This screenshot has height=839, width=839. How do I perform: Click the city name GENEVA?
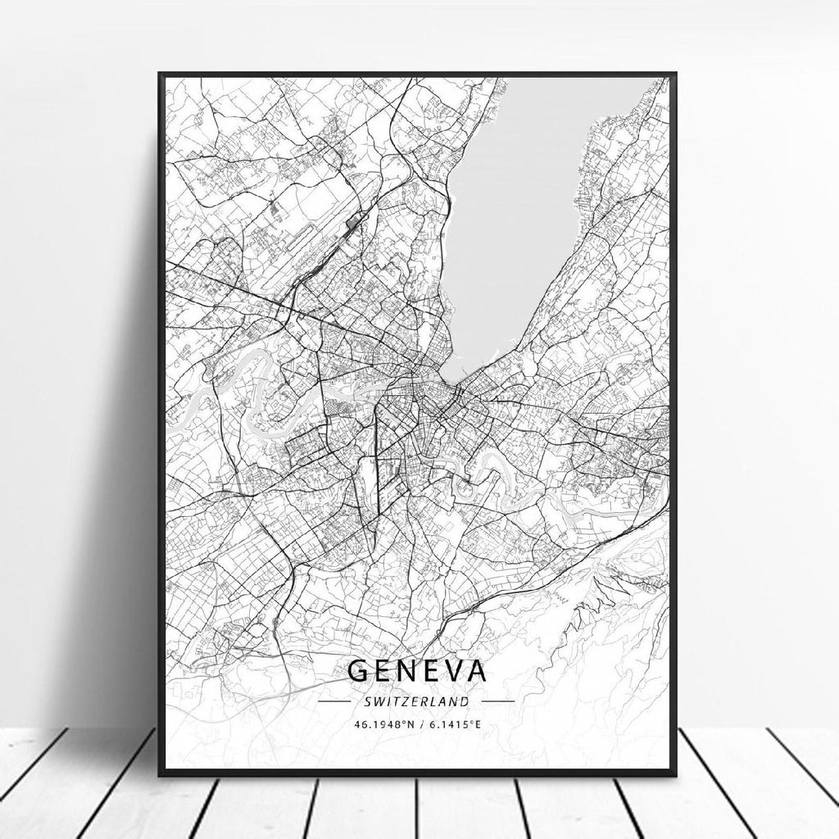417,670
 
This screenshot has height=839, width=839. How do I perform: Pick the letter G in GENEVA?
357,670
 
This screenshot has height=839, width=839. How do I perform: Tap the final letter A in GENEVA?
475,670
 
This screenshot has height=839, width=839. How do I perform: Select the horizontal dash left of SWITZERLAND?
333,701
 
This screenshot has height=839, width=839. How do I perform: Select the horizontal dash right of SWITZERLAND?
498,701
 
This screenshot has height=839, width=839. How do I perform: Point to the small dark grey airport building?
354,220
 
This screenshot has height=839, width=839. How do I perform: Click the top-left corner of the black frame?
160,75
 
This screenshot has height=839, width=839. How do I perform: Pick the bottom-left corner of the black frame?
160,773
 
